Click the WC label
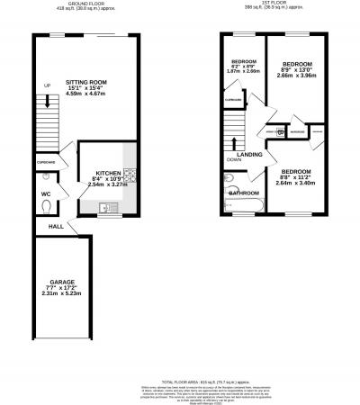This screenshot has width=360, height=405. coord(45,193)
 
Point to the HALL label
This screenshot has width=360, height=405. coord(55,226)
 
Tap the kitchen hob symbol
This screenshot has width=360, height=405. coord(130,175)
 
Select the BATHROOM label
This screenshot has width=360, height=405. coord(243,193)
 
